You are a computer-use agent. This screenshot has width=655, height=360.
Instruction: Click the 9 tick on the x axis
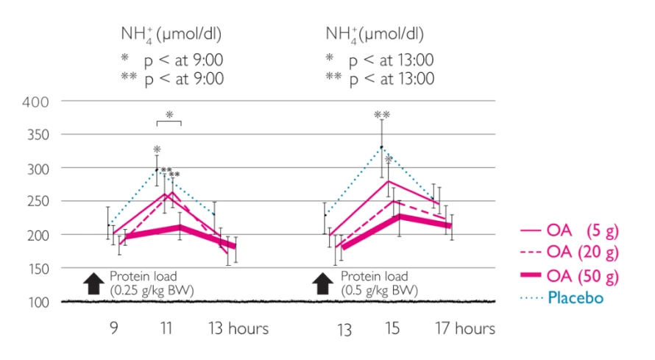coord(114,328)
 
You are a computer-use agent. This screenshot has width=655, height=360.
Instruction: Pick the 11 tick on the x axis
coord(168,328)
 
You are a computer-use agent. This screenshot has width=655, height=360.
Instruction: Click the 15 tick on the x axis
coord(393,328)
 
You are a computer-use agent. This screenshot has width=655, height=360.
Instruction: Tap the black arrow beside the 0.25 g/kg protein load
coord(93,283)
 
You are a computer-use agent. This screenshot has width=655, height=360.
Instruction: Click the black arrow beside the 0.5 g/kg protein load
coord(323,283)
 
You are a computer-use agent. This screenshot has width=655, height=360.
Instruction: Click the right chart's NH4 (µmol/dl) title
coord(375,34)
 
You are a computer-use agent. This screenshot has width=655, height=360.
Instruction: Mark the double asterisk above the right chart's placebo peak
coord(382,115)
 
